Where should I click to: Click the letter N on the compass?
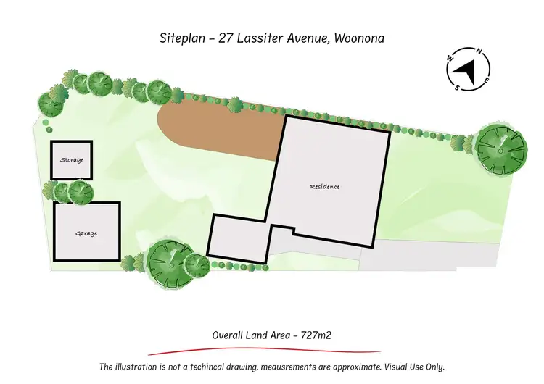tap(477, 51)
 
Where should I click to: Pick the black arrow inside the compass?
tap(465, 71)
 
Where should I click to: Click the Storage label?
tap(72, 159)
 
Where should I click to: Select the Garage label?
tap(86, 233)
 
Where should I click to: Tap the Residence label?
tap(325, 187)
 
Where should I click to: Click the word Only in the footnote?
tap(434, 367)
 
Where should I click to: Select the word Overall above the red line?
tap(228, 335)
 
